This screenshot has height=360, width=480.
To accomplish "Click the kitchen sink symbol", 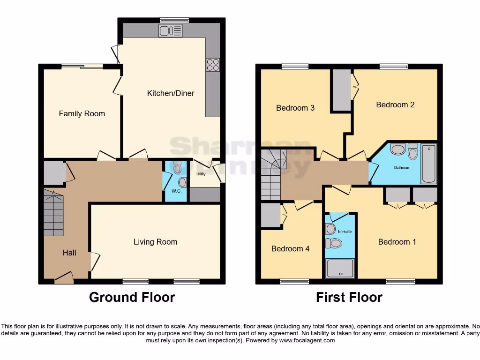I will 170,31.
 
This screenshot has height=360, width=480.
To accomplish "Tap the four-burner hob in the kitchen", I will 212,65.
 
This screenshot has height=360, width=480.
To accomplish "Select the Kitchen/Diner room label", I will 171,93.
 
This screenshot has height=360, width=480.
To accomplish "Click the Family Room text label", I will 82,113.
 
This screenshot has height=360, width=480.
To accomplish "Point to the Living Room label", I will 155,242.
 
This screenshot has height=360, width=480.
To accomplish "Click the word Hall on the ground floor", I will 69,253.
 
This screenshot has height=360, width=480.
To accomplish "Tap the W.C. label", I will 176,191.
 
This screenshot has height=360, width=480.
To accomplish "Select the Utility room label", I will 201,174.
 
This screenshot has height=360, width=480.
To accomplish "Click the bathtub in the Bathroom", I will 428,164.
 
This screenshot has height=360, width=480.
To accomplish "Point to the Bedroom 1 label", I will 397,242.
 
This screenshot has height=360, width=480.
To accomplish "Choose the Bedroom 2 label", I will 395,105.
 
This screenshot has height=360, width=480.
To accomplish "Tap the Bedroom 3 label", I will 295,108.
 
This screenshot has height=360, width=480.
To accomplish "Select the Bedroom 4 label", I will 290,248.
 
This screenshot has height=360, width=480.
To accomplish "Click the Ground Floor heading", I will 132,297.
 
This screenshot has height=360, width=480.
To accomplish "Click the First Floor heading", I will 349,297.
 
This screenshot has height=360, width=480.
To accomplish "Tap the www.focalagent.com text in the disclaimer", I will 307,340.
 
